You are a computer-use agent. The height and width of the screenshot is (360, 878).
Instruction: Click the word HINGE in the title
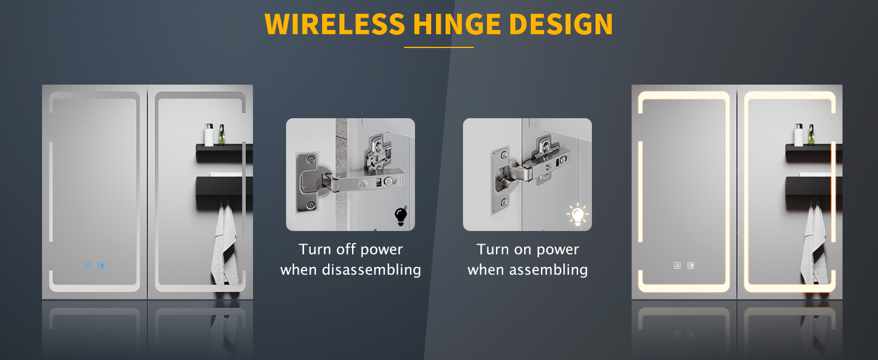pos(456,25)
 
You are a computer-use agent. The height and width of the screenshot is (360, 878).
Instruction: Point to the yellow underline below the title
pos(439,47)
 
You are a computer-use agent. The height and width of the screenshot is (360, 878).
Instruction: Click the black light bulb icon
pos(401,216)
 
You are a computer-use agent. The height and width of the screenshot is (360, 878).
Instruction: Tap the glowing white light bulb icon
pos(578,215)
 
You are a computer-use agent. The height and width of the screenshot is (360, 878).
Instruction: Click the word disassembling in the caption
pos(372,270)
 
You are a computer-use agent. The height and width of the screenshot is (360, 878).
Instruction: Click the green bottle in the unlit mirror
pos(222,134)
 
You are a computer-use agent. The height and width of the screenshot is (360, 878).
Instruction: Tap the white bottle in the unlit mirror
pos(209,134)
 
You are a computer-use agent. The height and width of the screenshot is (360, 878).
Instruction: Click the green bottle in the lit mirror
pos(811,134)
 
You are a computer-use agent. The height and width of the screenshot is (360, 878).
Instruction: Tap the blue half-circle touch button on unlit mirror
pos(101,265)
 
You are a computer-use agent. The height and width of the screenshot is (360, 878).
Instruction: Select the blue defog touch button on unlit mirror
pos(88,265)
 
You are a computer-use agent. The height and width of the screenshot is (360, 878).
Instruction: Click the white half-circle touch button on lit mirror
pos(691,265)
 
